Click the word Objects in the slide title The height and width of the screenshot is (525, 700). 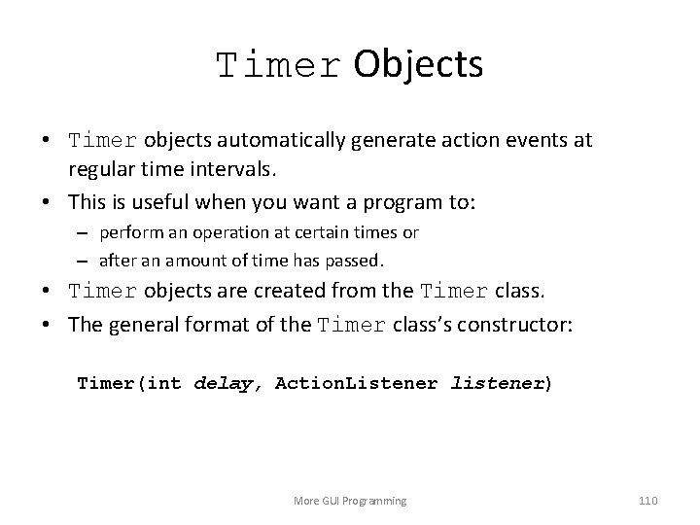(x=418, y=64)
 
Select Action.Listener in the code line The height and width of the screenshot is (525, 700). (x=358, y=383)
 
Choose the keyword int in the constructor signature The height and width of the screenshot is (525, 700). (x=165, y=383)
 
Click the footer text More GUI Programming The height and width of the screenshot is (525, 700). (x=350, y=501)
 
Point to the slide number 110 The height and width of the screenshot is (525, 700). (x=647, y=501)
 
